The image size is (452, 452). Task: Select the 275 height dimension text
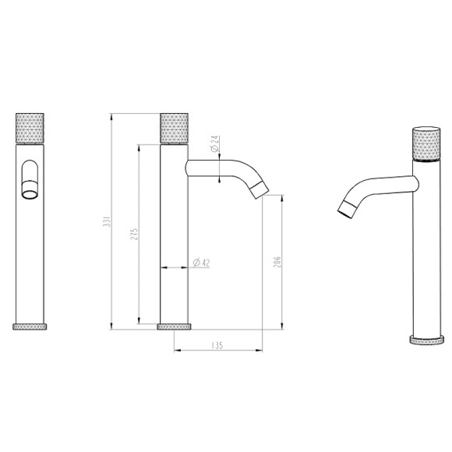point(133,234)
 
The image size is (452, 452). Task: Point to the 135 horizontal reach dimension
point(217,344)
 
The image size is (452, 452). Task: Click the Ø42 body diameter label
point(200,263)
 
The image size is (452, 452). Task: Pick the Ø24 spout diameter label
point(214,143)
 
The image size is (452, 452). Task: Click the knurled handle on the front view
point(31,128)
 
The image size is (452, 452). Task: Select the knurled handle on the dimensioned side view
point(175,128)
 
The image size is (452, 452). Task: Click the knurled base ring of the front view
point(31,325)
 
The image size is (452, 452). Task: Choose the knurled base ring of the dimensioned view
point(175,325)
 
